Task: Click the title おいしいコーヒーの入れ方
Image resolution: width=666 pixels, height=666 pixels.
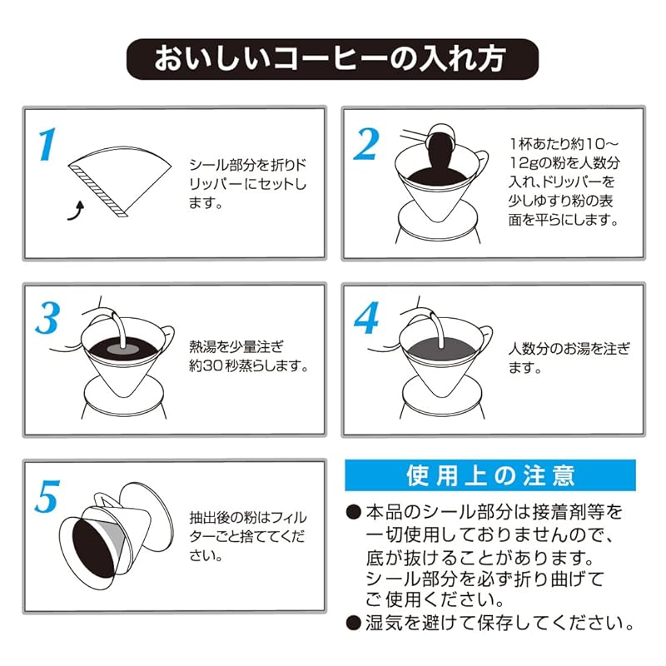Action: (x=332, y=60)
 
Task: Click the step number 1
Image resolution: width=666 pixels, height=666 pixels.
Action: (x=47, y=144)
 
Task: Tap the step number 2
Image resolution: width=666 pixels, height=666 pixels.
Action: (x=367, y=144)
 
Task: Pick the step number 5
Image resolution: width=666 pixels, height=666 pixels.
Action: (x=47, y=497)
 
